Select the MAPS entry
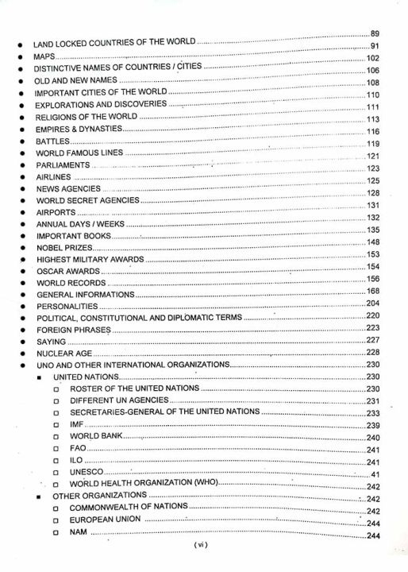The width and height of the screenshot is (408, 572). point(44,59)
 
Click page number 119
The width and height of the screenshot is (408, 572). point(374,143)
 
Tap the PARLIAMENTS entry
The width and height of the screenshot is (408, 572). point(64,165)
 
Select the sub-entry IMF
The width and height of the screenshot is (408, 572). point(77,425)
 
